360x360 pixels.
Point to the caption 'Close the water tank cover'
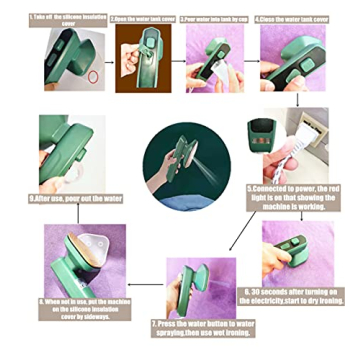pyautogui.click(x=294, y=17)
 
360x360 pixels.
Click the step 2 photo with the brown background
pyautogui.click(x=142, y=60)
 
